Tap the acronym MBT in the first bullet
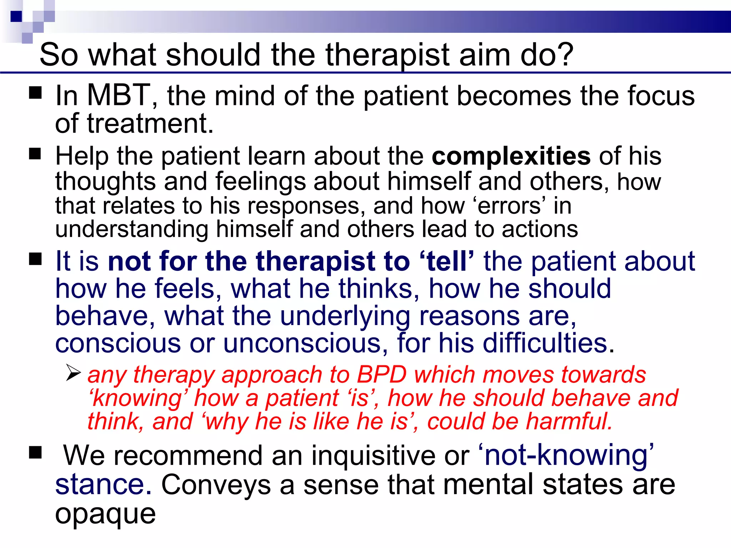[x=119, y=96]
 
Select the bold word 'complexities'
[x=511, y=156]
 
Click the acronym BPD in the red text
[x=382, y=375]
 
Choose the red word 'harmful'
[x=569, y=421]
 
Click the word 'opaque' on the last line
[x=105, y=514]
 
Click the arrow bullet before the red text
[x=73, y=373]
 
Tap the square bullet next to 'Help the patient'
[x=35, y=154]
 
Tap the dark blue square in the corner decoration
[x=16, y=16]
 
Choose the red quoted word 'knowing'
[x=137, y=398]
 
